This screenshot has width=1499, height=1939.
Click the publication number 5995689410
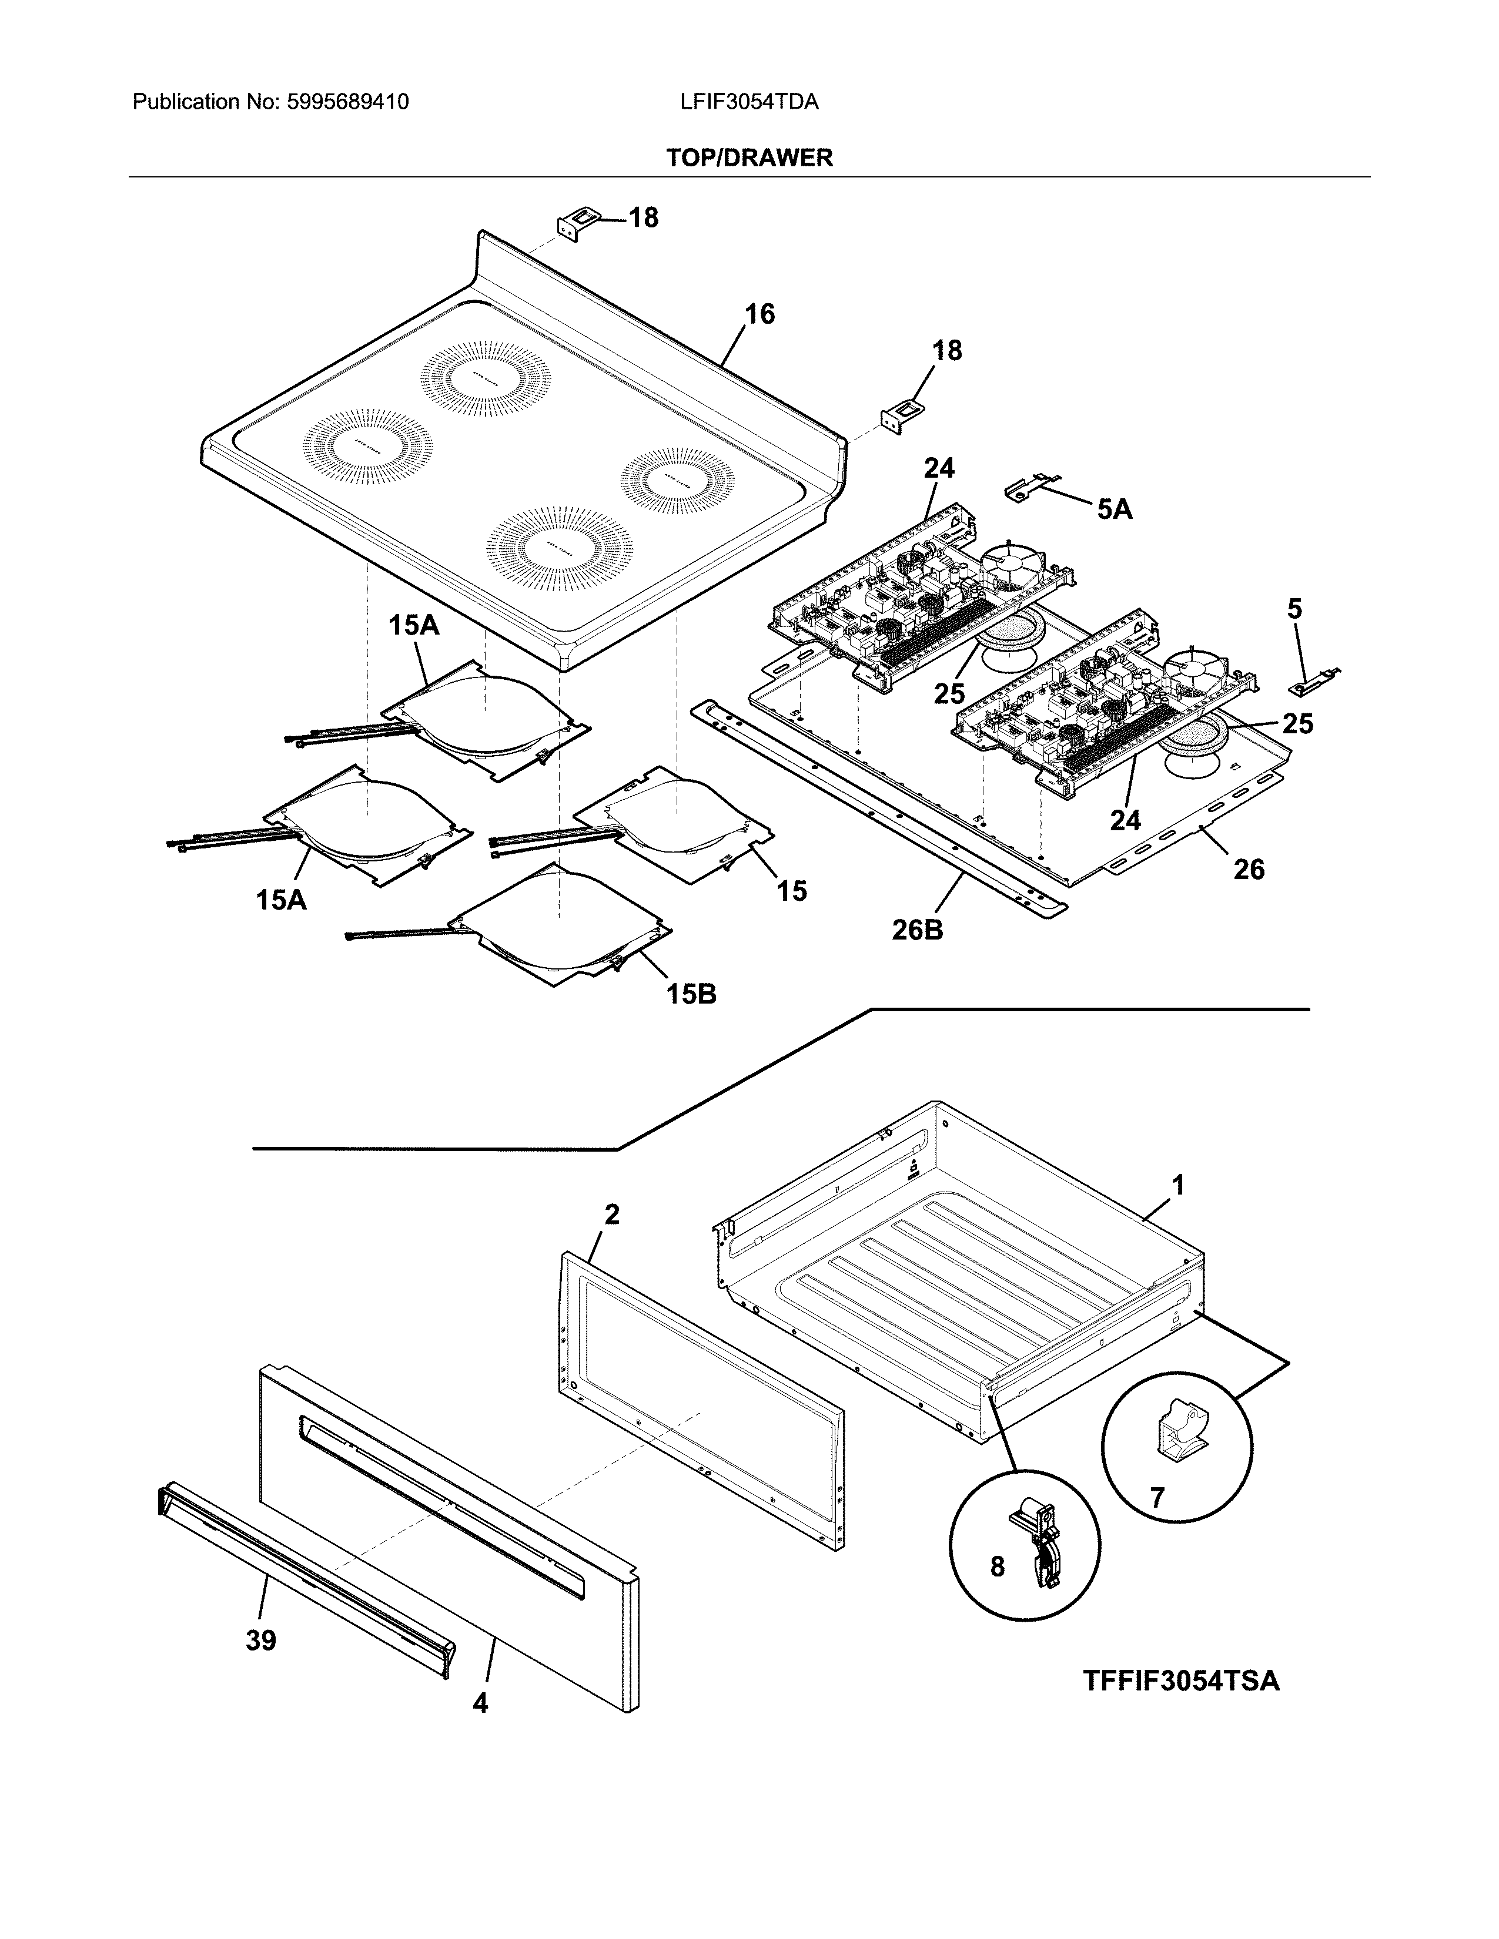(347, 102)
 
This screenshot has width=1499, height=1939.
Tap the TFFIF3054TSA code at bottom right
(1180, 1680)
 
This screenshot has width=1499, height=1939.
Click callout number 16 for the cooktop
(759, 314)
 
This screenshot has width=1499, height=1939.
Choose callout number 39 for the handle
(261, 1641)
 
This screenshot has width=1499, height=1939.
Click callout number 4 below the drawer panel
(480, 1703)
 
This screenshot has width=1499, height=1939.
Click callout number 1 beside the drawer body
(1177, 1185)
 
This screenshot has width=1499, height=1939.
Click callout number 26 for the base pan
(1249, 869)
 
